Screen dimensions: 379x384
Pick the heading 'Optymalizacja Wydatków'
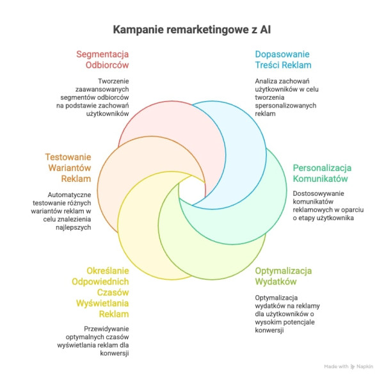click(284, 276)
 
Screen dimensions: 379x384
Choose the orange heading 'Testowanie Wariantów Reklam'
click(68, 167)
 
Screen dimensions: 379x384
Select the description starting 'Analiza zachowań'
click(284, 97)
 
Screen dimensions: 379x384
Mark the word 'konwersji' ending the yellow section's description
click(113, 353)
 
